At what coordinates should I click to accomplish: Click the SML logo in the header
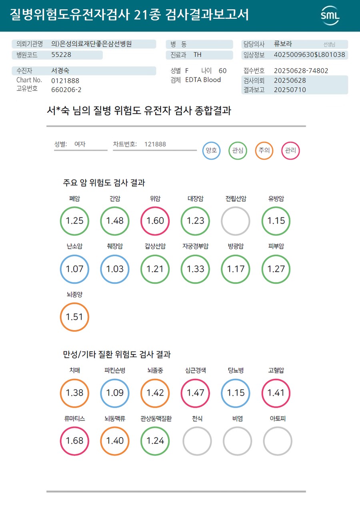(330, 16)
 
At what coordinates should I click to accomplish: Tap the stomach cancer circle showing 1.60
(155, 221)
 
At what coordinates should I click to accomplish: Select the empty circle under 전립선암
(236, 221)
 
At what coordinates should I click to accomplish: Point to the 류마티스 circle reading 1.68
(74, 441)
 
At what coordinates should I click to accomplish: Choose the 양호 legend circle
(211, 151)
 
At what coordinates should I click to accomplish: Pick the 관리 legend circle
(290, 151)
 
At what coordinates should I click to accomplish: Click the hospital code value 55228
(61, 55)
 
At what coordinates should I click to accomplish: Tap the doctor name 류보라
(283, 44)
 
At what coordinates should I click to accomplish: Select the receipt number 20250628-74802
(301, 71)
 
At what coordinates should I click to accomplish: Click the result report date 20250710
(290, 90)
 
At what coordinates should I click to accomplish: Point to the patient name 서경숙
(60, 71)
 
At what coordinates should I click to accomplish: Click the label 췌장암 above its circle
(115, 247)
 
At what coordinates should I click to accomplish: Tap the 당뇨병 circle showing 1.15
(236, 393)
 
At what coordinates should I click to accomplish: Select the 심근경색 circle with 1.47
(196, 393)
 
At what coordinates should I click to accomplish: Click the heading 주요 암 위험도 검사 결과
(104, 183)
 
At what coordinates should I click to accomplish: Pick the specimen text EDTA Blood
(203, 80)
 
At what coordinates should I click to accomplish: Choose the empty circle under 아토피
(278, 441)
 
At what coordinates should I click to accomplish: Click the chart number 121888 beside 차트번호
(155, 144)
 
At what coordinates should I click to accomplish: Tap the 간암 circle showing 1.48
(115, 221)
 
